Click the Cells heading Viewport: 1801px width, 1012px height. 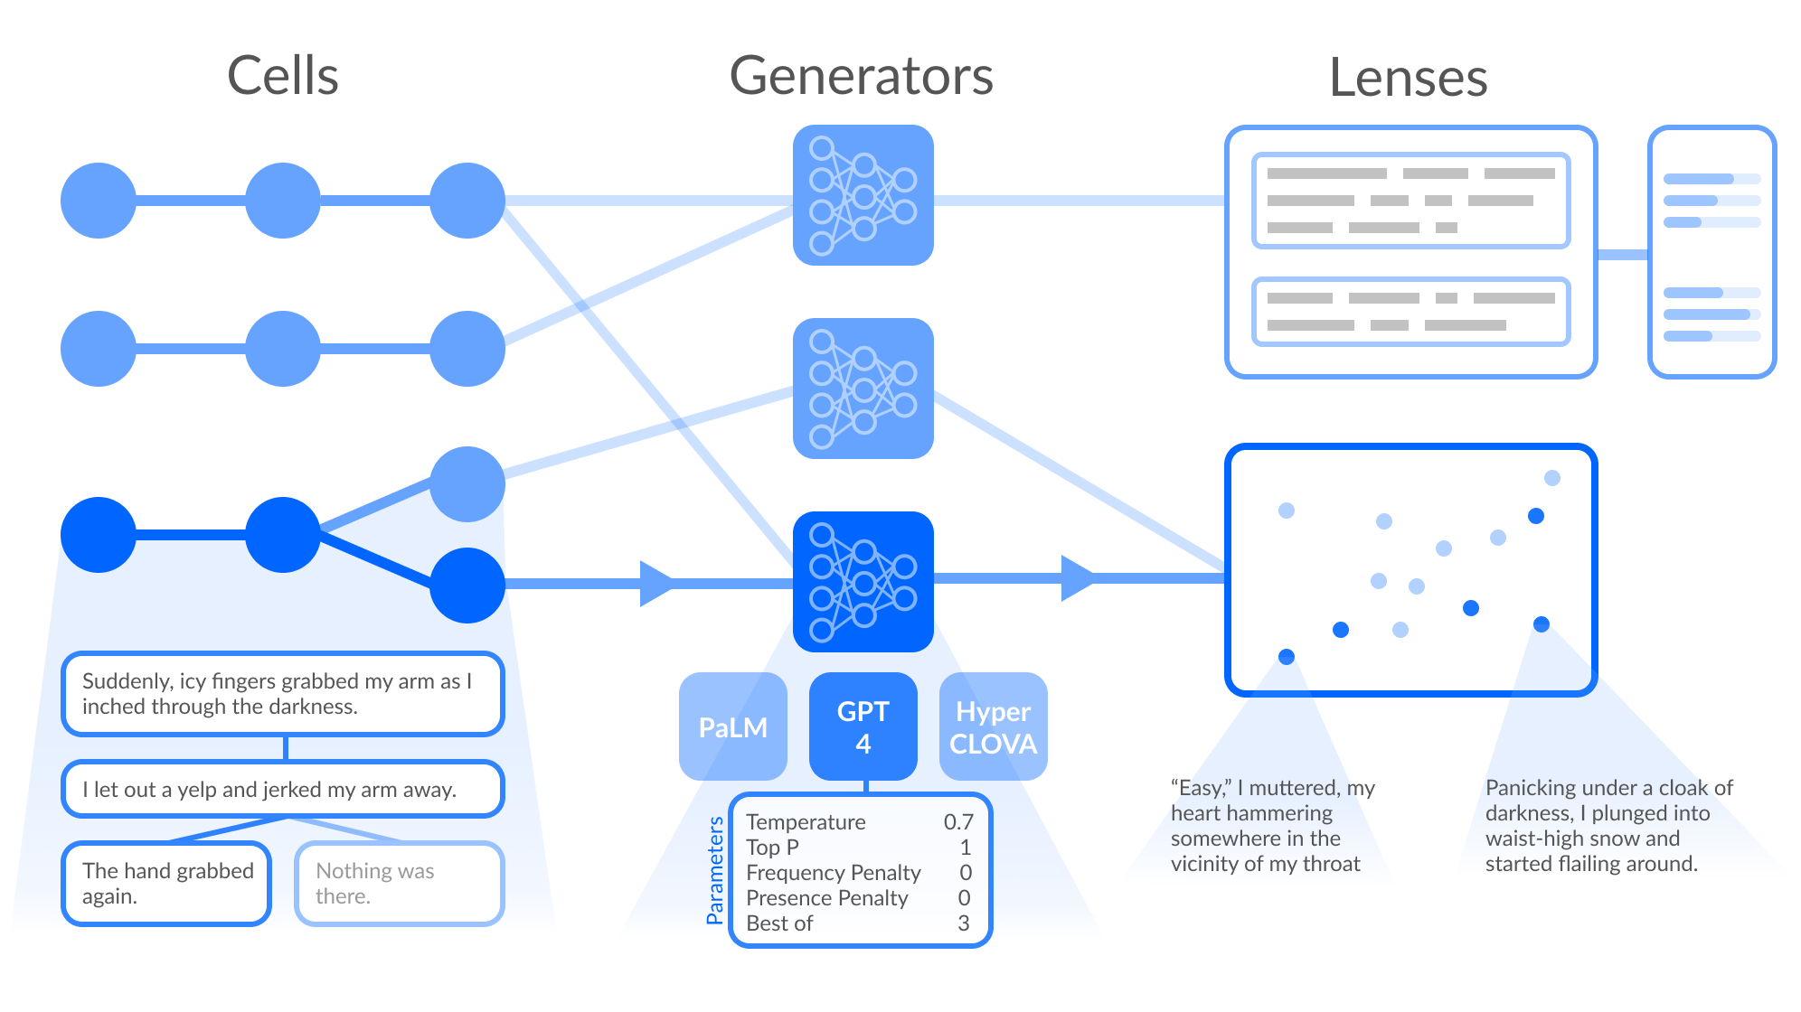tap(282, 76)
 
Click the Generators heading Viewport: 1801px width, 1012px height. tap(861, 76)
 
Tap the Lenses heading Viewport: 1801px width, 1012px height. tap(1408, 78)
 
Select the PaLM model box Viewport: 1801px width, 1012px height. tap(732, 726)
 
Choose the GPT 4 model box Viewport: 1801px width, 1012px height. tap(863, 726)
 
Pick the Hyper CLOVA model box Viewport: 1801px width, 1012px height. tap(993, 726)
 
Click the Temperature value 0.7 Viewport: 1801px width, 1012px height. tap(958, 822)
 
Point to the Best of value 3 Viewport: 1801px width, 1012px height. tap(964, 923)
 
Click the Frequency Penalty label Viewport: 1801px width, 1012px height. tap(833, 873)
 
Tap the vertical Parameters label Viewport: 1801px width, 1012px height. tap(715, 870)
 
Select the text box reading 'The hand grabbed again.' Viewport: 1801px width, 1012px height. tap(166, 884)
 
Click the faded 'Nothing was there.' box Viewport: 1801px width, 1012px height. tap(399, 884)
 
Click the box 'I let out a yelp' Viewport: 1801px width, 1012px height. tap(282, 790)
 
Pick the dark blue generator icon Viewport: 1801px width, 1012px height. tap(863, 582)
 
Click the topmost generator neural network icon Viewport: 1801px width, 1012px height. tap(863, 195)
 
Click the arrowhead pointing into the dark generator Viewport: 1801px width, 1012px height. tap(656, 584)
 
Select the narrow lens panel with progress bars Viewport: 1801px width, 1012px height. tap(1711, 252)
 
